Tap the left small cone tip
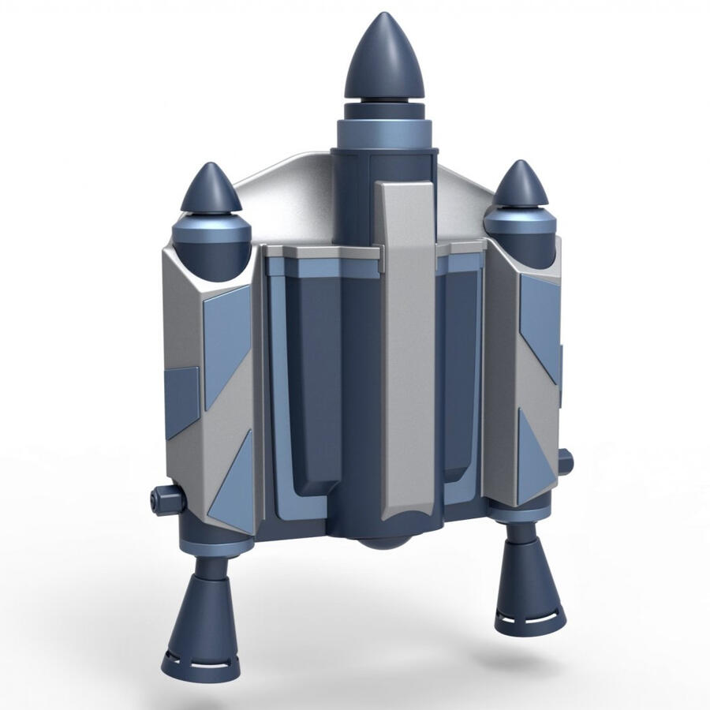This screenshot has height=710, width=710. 211,189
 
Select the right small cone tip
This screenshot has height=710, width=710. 520,185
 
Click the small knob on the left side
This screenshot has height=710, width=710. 166,499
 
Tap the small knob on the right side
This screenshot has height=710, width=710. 565,461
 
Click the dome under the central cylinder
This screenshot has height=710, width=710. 384,542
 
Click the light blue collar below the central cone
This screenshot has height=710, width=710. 385,133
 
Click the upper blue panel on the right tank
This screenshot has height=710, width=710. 540,323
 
